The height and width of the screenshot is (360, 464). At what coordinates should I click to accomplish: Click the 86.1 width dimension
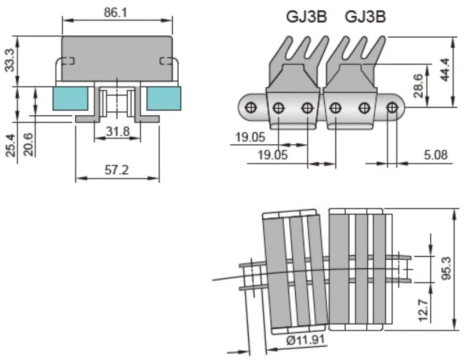tap(117, 11)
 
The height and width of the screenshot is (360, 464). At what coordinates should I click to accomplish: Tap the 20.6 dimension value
tap(28, 145)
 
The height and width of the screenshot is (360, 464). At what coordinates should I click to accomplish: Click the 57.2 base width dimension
tap(117, 170)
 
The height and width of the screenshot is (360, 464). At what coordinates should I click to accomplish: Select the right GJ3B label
tap(365, 17)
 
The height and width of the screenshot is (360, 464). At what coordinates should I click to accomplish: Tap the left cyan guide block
tap(69, 99)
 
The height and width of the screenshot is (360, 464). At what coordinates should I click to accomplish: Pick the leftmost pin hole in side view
tap(251, 108)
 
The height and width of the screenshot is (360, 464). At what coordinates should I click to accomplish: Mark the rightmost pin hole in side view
tap(392, 107)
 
